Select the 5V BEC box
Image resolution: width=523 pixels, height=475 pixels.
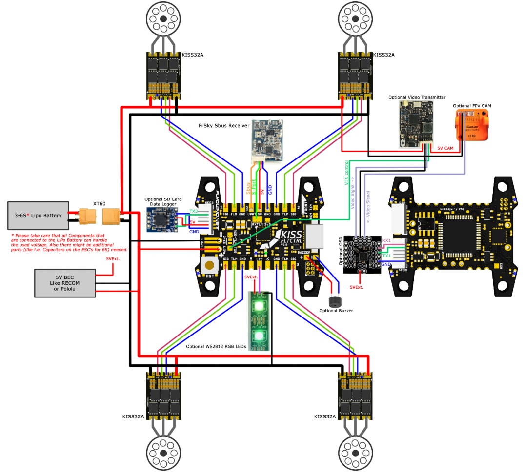coord(65,282)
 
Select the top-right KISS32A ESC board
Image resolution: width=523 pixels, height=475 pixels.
coord(355,73)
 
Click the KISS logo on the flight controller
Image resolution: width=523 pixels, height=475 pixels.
coord(290,237)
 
